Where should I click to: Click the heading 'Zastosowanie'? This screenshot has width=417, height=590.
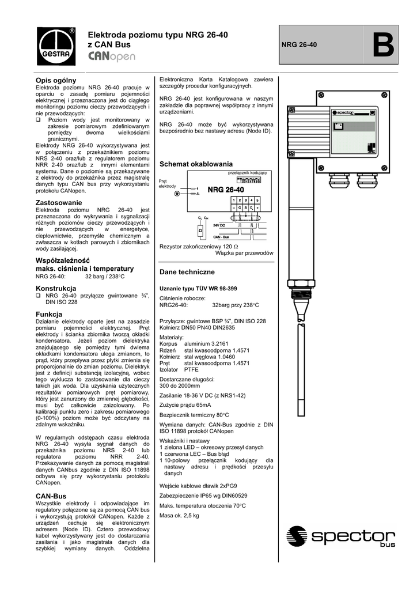(59, 203)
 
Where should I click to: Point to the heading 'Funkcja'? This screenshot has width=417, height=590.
(49, 314)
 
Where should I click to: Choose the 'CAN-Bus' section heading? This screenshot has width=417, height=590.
(51, 496)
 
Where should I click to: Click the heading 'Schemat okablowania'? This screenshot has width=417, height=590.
(196, 164)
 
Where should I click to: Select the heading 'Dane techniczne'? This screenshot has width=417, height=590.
(187, 271)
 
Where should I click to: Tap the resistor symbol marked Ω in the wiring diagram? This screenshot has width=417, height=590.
(200, 230)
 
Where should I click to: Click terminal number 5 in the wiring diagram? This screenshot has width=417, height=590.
(257, 199)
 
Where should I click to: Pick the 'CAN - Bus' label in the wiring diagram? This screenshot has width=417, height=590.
(221, 237)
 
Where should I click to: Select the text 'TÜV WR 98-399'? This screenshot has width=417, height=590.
(216, 288)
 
